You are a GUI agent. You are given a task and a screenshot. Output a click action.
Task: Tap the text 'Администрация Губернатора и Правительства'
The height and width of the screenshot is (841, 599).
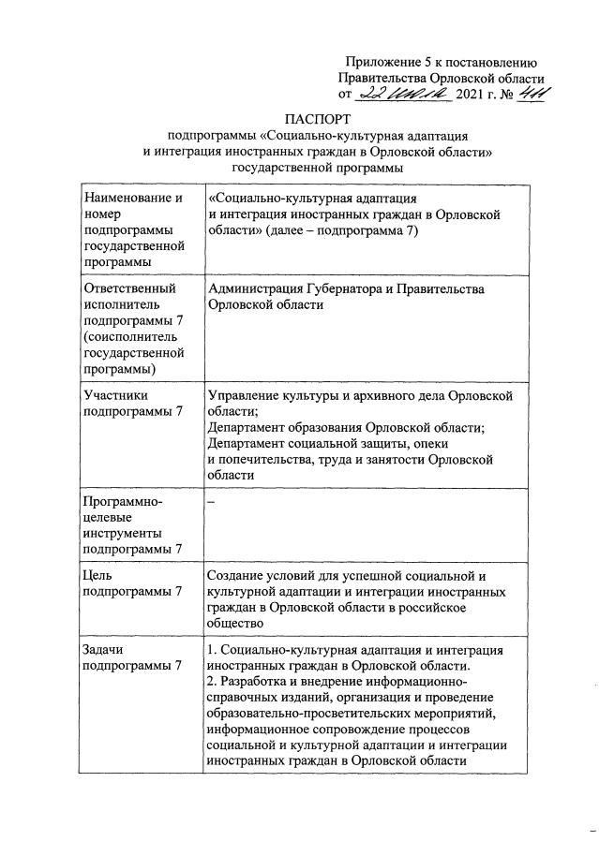346,289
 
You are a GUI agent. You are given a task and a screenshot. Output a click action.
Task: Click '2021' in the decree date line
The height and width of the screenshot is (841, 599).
472,96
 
